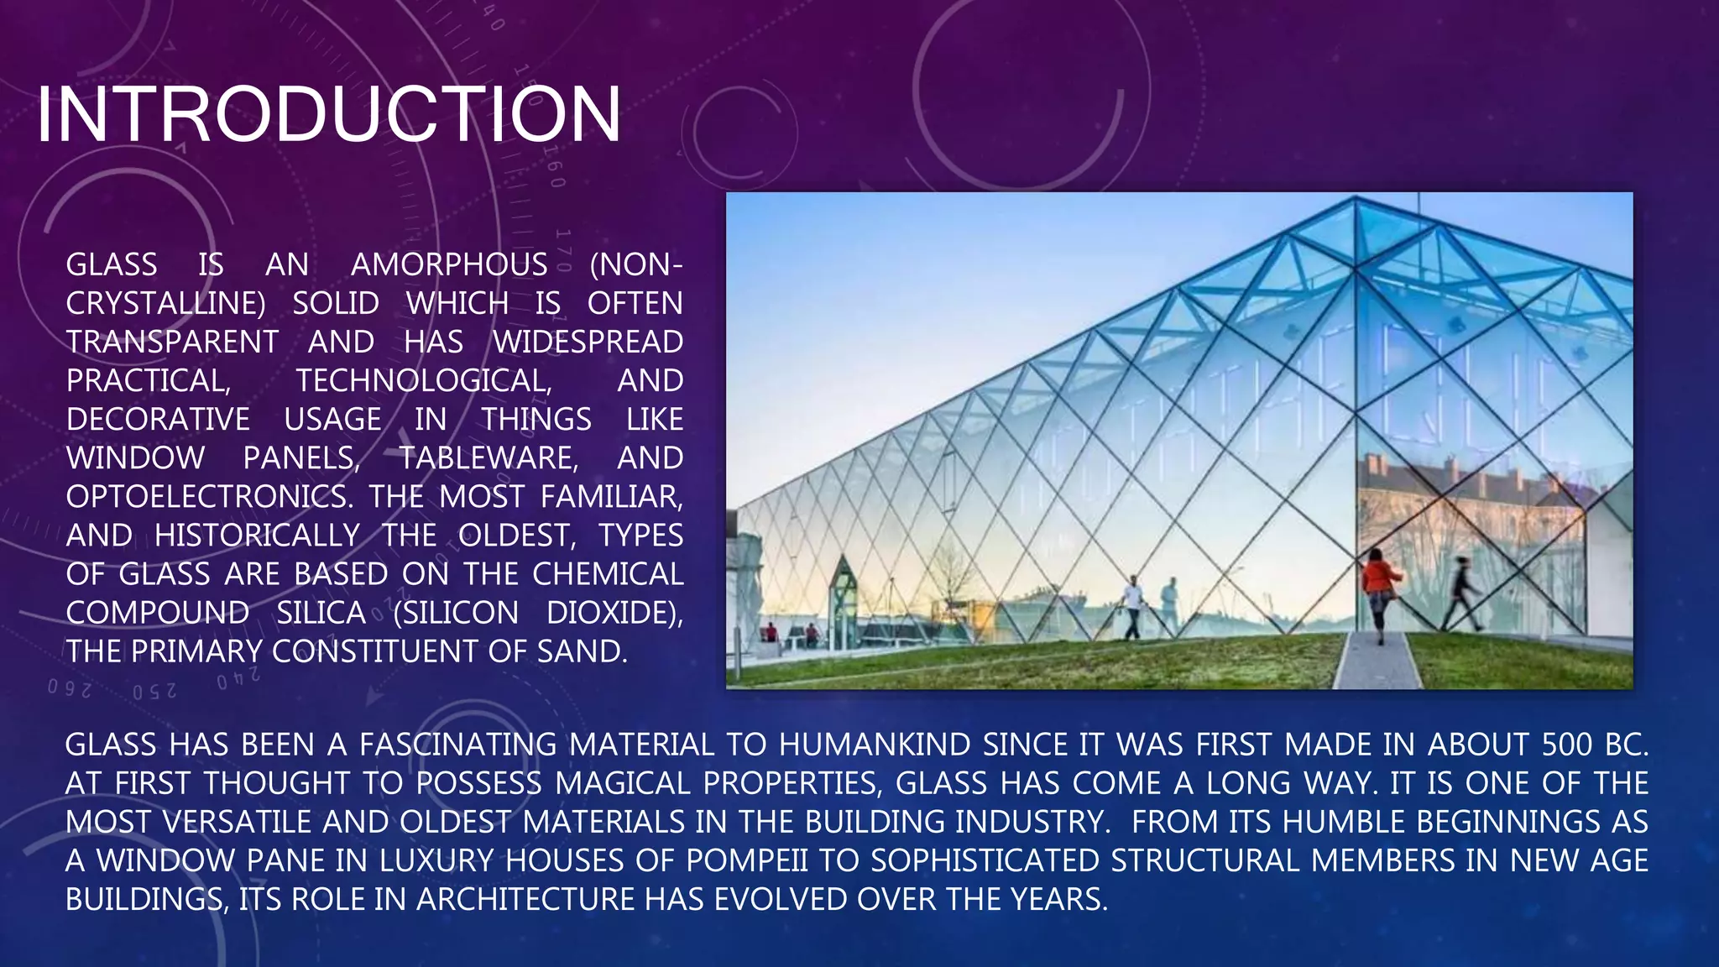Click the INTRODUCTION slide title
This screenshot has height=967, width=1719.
pos(329,114)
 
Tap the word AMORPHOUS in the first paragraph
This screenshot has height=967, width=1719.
pos(449,265)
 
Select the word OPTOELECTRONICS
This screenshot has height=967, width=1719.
pos(206,497)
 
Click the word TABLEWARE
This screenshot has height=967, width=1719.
pos(488,458)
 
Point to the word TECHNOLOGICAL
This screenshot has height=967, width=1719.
pos(424,381)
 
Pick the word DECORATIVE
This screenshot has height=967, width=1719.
pos(158,420)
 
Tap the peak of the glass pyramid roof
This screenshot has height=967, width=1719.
pos(1355,199)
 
